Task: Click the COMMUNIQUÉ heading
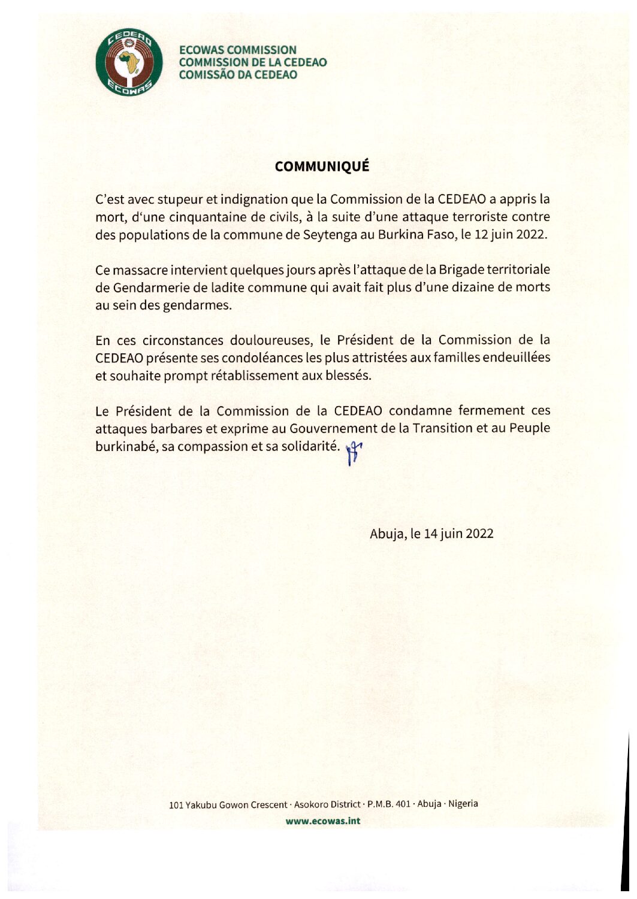coord(322,167)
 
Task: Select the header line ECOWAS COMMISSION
coord(238,50)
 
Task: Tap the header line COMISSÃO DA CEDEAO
coord(238,75)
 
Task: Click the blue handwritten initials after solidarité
coord(355,452)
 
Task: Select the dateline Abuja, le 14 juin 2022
coord(431,534)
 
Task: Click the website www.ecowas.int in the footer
coord(323,821)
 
